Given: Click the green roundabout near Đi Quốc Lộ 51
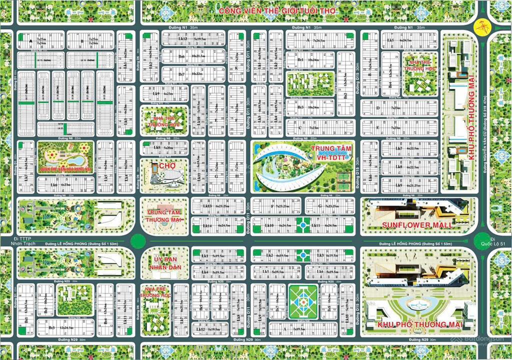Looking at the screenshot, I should pyautogui.click(x=482, y=240).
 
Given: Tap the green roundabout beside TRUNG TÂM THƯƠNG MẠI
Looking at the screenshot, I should pyautogui.click(x=138, y=241).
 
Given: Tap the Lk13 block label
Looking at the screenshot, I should pyautogui.click(x=207, y=206).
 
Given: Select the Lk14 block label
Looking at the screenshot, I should pyautogui.click(x=207, y=226).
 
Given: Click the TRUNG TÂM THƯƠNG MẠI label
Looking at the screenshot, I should pyautogui.click(x=164, y=212).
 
